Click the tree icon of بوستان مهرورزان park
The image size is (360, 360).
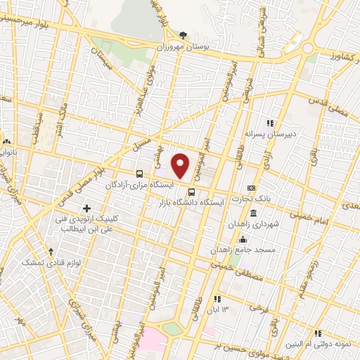[184, 34]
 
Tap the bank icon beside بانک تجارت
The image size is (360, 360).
[252, 188]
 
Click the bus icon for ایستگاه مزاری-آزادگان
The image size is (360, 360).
[139, 173]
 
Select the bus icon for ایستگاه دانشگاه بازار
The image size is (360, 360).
[191, 190]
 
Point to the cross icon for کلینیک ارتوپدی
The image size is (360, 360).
[87, 208]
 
